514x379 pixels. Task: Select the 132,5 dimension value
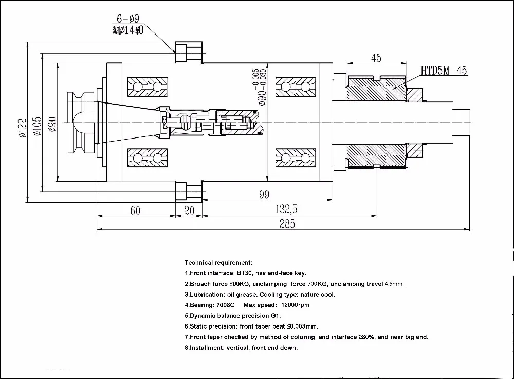287,209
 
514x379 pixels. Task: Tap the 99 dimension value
264,194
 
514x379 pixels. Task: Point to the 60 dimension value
135,210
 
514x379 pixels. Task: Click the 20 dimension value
189,210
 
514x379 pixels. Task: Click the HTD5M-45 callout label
444,71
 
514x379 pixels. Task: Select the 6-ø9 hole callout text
127,19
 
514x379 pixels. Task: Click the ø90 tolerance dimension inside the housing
262,87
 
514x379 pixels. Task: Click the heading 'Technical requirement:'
218,263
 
